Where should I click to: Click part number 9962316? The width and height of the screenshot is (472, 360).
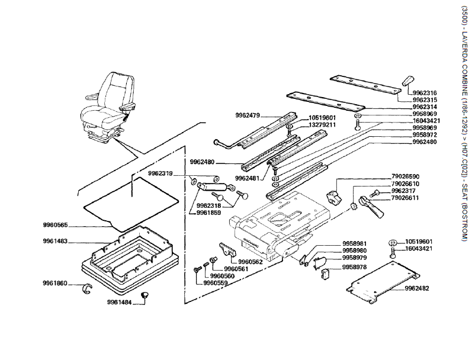pos(425,92)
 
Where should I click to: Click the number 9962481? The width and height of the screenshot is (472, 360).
pos(248,178)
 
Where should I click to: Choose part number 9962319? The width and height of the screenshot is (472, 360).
pos(160,173)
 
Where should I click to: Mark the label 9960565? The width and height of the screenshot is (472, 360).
pos(55,225)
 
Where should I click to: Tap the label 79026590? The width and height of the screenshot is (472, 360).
pos(406,176)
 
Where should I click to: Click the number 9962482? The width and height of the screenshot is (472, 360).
pos(417,288)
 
